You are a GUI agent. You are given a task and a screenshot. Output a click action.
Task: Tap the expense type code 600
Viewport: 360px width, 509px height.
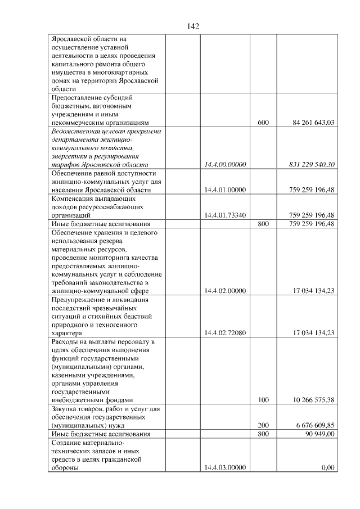tap(263, 122)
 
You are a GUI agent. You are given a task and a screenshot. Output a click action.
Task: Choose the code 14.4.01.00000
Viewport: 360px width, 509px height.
tap(225, 190)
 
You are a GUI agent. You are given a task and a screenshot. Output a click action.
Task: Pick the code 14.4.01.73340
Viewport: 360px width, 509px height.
tap(225, 215)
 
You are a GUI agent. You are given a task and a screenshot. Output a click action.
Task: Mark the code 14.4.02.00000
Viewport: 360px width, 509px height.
tap(225, 291)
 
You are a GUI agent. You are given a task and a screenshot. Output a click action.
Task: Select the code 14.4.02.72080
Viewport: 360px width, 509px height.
tap(225, 333)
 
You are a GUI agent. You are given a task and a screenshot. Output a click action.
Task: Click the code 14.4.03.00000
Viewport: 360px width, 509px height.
tap(225, 468)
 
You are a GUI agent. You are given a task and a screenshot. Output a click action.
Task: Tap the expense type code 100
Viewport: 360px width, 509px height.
tap(263, 400)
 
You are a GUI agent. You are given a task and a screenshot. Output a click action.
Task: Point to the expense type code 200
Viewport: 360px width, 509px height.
tap(263, 426)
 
